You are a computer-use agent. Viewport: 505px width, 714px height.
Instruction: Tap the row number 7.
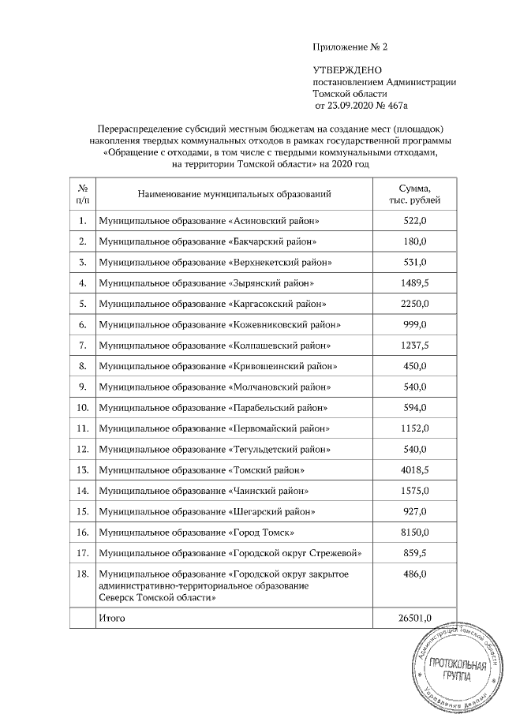(x=82, y=345)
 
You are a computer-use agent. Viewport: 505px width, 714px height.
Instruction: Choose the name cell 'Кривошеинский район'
(x=217, y=365)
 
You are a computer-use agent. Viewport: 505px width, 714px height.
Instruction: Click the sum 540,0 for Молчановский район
(x=414, y=387)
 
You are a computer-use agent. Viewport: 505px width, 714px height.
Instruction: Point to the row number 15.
(x=82, y=510)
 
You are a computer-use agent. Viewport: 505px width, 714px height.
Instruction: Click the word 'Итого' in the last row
(x=111, y=618)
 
